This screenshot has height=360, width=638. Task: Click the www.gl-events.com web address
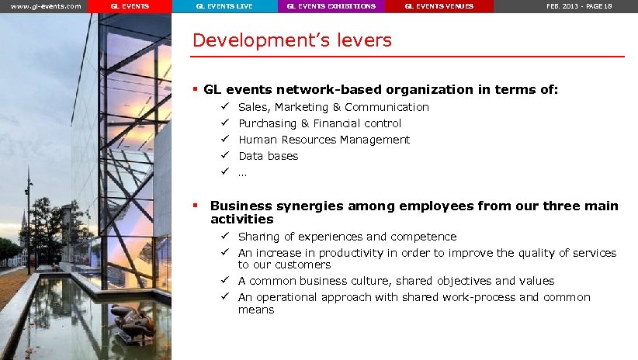point(45,6)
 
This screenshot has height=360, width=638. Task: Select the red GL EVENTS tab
point(130,6)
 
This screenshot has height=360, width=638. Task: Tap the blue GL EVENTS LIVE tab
point(224,6)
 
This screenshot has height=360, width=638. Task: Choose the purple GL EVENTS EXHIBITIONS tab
point(331,6)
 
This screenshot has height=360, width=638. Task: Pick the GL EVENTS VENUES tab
point(439,6)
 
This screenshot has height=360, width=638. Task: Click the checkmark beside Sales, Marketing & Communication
point(224,106)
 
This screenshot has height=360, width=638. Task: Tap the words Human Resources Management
point(324,140)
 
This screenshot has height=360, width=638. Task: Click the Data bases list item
point(268,156)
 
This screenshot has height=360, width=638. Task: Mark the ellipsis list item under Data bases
point(242,172)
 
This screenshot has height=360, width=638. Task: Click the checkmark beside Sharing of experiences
point(224,236)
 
